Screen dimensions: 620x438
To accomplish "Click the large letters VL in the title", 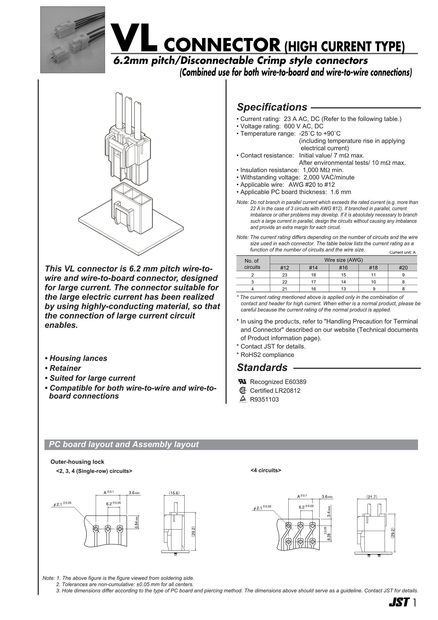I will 134,38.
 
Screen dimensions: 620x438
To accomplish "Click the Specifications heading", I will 272,107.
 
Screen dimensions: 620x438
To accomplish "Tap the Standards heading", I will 262,368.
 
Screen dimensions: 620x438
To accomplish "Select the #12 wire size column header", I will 285,268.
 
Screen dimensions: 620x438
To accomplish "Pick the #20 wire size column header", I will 403,268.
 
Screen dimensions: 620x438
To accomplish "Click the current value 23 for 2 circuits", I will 285,275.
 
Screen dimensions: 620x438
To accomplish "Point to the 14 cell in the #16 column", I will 344,282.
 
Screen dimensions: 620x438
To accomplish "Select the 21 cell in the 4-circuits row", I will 285,289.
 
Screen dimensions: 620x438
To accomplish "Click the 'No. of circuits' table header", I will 252,264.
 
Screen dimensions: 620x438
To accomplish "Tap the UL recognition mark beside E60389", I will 242,381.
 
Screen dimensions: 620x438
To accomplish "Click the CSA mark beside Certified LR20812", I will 243,390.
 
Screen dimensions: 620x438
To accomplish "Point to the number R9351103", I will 264,399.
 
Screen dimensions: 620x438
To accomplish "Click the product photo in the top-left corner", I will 73,40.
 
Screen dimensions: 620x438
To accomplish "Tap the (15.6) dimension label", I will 174,493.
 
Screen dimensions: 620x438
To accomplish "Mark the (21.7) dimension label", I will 372,497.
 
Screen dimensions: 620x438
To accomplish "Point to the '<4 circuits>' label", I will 266,470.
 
